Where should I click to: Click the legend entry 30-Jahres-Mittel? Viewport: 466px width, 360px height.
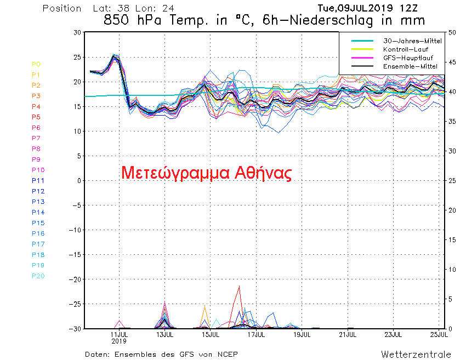pos(405,41)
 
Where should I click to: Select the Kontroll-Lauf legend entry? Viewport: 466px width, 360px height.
pos(405,49)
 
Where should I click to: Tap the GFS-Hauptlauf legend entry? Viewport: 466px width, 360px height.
pos(405,58)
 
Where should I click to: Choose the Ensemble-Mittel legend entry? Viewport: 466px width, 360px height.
pos(405,66)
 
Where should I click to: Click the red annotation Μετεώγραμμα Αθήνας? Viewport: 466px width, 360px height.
pos(206,173)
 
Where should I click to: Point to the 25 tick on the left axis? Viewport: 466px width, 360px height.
pos(77,57)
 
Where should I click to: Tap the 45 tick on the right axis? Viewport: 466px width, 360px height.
pos(453,62)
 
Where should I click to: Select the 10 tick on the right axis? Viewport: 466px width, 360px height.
pos(453,269)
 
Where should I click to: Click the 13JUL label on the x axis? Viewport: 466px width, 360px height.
pos(164,334)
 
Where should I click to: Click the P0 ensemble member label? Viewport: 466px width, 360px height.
pos(36,64)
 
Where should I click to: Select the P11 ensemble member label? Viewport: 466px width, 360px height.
pos(38,180)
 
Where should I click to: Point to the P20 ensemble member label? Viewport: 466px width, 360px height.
pos(38,276)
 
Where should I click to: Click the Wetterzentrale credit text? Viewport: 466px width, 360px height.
pos(416,354)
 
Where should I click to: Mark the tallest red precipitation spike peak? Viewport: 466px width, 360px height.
pos(239,286)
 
